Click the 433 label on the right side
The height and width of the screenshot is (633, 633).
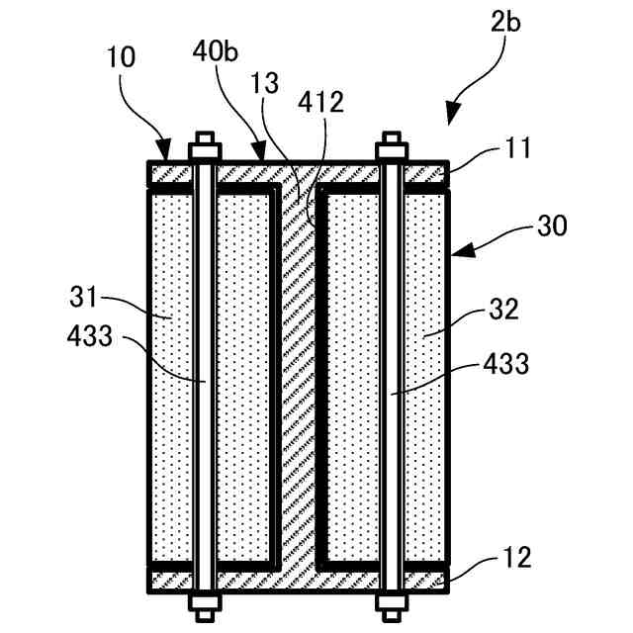pos(505,364)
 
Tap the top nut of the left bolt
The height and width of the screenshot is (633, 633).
pos(204,151)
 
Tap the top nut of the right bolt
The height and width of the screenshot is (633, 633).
pos(392,151)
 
